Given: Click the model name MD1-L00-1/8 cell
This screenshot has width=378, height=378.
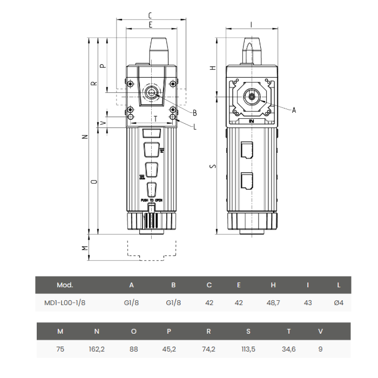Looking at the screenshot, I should tap(64, 302).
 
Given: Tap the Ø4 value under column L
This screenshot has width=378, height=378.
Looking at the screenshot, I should tap(339, 302).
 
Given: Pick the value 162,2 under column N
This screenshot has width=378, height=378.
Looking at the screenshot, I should tap(97, 349).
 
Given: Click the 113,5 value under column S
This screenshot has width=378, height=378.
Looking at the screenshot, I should tap(248, 349).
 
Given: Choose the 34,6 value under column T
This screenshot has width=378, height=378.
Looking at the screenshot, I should tap(289, 349).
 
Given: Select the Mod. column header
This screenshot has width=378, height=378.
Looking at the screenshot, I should tap(64, 285).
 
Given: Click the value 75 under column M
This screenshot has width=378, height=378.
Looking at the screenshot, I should tap(60, 349).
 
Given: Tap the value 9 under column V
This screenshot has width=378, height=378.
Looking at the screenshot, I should tap(320, 349).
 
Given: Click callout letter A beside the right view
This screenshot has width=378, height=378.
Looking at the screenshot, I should tap(294, 110).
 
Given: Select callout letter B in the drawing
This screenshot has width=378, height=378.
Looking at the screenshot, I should tap(194, 112).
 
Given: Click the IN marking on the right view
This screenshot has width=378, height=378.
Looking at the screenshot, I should tap(251, 122).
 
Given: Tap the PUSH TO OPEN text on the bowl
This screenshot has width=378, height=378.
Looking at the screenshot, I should tap(152, 200).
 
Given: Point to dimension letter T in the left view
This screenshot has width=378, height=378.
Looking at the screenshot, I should tap(156, 118).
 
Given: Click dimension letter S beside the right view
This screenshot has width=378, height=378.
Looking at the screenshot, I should tap(213, 166).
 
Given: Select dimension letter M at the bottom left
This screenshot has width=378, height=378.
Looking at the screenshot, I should tap(84, 248).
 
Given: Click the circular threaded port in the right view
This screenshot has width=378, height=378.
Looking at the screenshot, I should tap(252, 97).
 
